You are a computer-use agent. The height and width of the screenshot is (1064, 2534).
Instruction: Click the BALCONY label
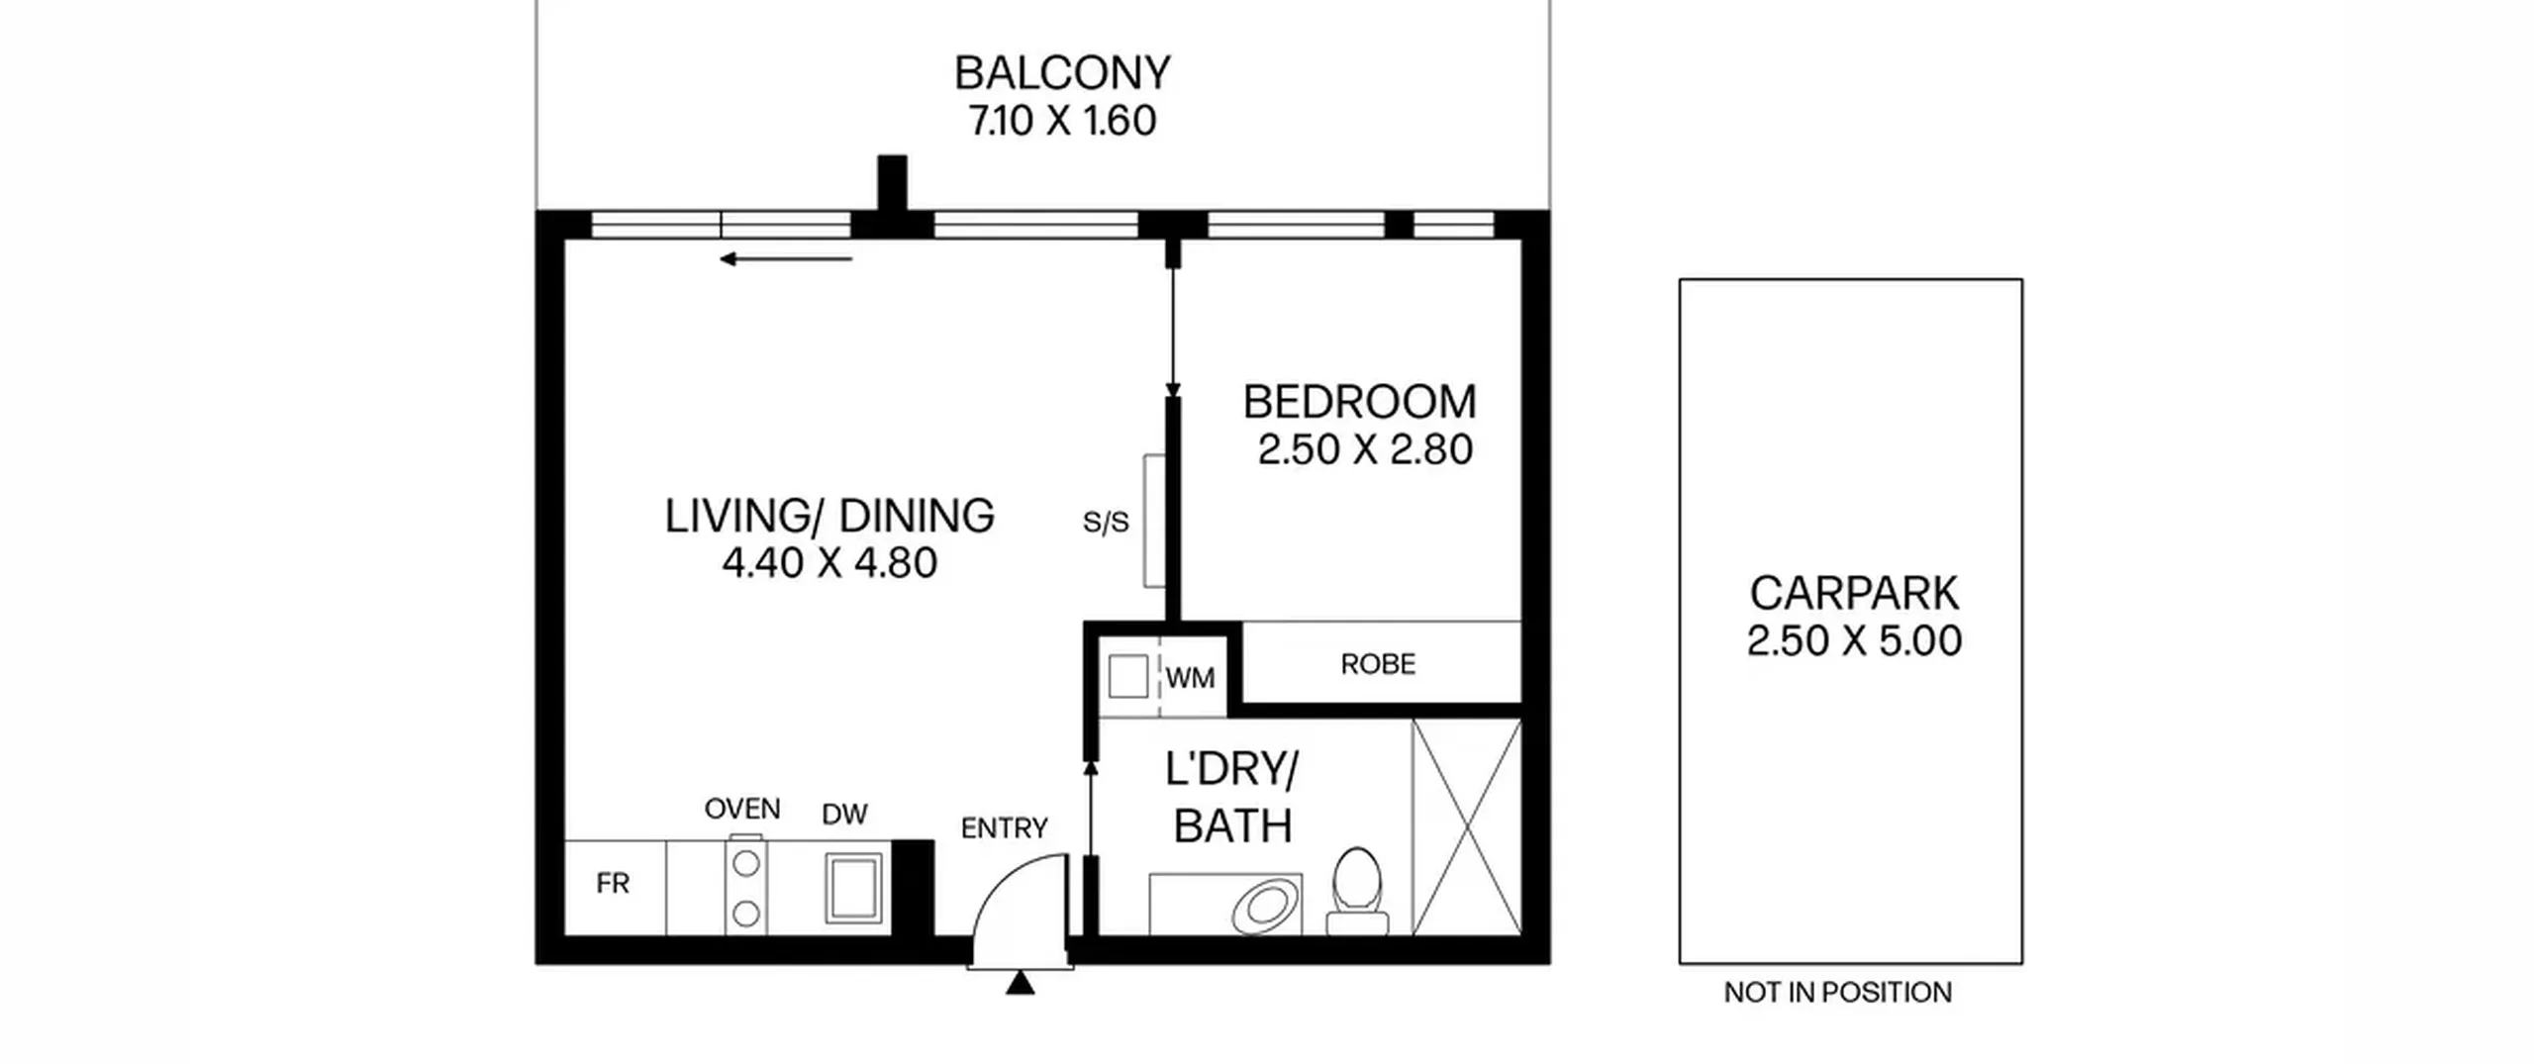click(1062, 72)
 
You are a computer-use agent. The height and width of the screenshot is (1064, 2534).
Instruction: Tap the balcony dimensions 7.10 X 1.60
click(1062, 121)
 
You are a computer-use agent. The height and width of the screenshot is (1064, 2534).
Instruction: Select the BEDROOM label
click(1359, 402)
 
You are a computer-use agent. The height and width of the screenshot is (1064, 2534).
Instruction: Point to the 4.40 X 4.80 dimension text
click(829, 563)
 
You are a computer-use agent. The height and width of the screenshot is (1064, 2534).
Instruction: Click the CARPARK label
click(1854, 593)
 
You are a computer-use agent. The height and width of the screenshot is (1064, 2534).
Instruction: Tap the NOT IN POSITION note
click(1838, 993)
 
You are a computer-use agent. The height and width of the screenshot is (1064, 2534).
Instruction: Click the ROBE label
click(1378, 664)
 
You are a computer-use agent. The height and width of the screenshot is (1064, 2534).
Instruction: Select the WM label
click(1190, 678)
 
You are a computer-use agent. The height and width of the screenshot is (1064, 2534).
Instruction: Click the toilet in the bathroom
click(1357, 891)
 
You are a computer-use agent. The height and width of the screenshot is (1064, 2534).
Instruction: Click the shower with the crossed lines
click(1467, 827)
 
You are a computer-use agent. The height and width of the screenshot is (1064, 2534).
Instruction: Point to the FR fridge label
click(613, 883)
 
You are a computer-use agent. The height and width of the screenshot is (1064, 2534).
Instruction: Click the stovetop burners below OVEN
click(746, 887)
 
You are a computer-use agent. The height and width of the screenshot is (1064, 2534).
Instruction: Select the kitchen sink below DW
click(853, 888)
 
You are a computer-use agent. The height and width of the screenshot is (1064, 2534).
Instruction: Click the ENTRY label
click(1004, 827)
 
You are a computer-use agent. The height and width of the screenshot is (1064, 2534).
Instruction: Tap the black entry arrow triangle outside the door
click(1021, 984)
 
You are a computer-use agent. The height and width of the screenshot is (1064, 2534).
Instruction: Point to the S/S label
click(1106, 522)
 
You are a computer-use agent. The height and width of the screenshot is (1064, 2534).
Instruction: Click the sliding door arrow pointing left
click(786, 259)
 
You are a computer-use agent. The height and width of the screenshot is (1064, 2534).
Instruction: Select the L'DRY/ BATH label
click(1232, 798)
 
